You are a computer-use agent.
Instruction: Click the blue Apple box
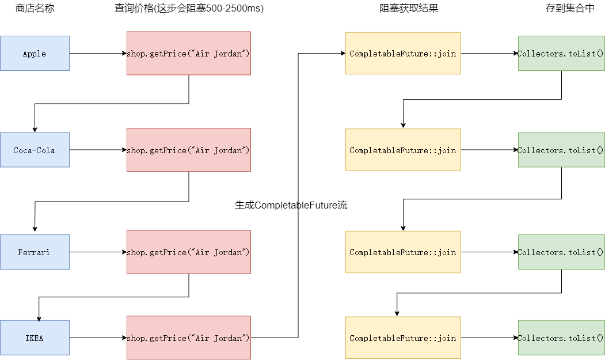point(35,54)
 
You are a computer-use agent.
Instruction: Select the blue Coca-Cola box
point(35,150)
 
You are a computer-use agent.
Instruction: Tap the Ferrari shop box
point(35,252)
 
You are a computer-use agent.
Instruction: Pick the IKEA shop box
point(35,338)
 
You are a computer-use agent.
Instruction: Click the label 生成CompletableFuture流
point(291,205)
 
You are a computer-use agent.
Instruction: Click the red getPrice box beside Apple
point(189,54)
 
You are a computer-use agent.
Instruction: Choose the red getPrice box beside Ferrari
point(189,252)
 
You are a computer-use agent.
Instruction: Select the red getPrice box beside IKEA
point(189,338)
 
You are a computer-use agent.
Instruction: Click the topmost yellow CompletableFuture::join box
point(403,54)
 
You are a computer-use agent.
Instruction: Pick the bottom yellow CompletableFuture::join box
point(403,338)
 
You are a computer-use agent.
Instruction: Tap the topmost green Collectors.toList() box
point(561,54)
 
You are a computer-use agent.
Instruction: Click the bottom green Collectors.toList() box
point(561,338)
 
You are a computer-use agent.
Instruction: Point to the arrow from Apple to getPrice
point(98,54)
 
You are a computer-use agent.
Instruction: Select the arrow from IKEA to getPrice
point(98,338)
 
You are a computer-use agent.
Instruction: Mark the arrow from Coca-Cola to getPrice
point(98,150)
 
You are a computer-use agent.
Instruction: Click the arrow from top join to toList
point(489,54)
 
